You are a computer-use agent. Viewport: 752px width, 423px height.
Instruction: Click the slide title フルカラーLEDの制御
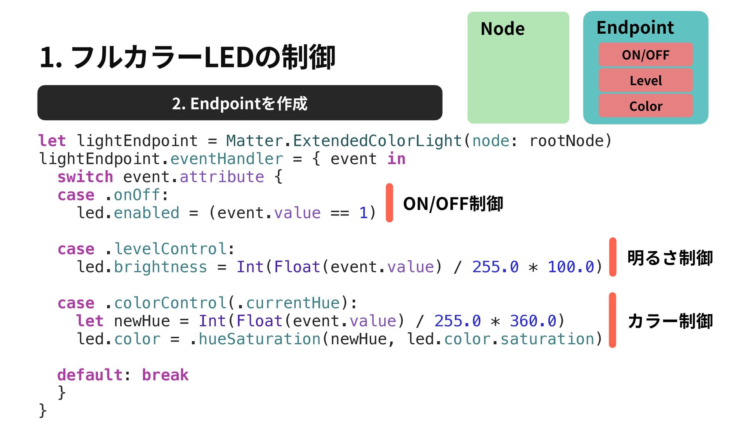pyautogui.click(x=187, y=57)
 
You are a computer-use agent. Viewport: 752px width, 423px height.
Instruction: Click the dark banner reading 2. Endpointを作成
pyautogui.click(x=240, y=103)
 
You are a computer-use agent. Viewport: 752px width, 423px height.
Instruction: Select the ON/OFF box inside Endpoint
pyautogui.click(x=645, y=55)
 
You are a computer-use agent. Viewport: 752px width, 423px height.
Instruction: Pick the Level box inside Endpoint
pyautogui.click(x=645, y=81)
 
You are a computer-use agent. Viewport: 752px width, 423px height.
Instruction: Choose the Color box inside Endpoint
pyautogui.click(x=645, y=106)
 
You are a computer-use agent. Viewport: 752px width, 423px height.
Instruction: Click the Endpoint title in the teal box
pyautogui.click(x=635, y=28)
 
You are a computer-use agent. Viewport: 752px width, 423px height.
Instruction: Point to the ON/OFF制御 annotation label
pyautogui.click(x=453, y=204)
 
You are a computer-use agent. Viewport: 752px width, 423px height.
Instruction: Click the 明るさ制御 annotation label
pyautogui.click(x=670, y=258)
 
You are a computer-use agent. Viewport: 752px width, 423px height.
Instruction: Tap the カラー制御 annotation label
pyautogui.click(x=670, y=321)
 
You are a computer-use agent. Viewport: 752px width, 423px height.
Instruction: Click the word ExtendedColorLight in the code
pyautogui.click(x=377, y=141)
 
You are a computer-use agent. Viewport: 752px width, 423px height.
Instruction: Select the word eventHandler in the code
pyautogui.click(x=226, y=159)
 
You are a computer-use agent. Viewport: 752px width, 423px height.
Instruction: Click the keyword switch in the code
pyautogui.click(x=85, y=177)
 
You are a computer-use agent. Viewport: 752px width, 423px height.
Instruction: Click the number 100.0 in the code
pyautogui.click(x=571, y=267)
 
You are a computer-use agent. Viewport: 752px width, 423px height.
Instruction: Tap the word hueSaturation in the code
pyautogui.click(x=260, y=339)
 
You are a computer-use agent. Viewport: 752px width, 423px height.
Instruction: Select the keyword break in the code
pyautogui.click(x=165, y=375)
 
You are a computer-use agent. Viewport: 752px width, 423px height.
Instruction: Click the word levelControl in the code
pyautogui.click(x=170, y=249)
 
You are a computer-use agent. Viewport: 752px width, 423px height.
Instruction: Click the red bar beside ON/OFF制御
pyautogui.click(x=389, y=203)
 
